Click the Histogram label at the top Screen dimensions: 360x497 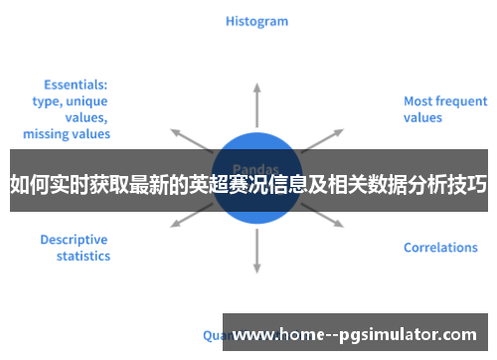click(x=256, y=21)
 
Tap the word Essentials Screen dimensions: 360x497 click(x=76, y=86)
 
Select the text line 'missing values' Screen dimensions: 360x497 click(x=67, y=133)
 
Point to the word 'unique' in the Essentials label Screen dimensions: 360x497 click(x=86, y=101)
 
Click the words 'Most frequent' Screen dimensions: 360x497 click(x=444, y=100)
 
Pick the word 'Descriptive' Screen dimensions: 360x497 click(x=73, y=239)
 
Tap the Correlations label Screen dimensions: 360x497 click(x=439, y=247)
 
